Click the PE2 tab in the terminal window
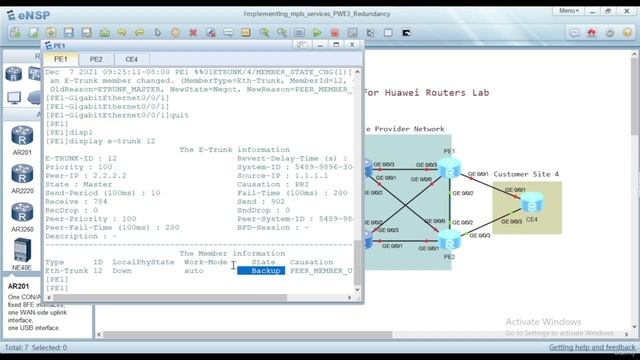96,60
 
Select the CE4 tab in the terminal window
131,60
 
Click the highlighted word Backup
266,271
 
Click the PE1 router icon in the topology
448,171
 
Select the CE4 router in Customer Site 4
530,205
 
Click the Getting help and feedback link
591,348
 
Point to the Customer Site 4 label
526,173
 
